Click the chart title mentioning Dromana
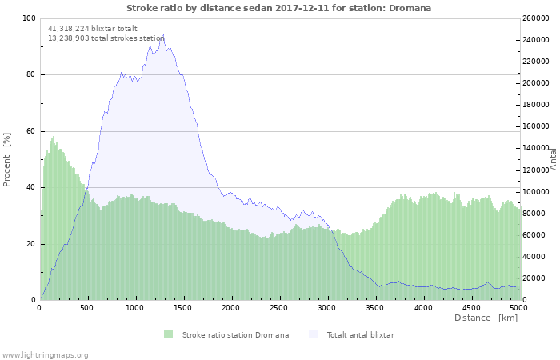tap(278, 8)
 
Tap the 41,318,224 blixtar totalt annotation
tap(93, 28)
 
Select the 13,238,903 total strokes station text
tap(106, 38)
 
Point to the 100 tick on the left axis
tap(30, 18)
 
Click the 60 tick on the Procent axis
tap(31, 131)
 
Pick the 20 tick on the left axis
tap(31, 244)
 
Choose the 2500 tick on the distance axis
tap(279, 307)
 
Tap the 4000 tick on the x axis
tap(422, 307)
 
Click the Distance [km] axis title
tap(486, 318)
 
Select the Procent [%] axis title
tap(8, 159)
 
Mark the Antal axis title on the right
tap(553, 158)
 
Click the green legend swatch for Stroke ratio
tap(168, 334)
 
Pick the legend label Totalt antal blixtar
tap(360, 334)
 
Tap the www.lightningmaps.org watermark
tap(45, 354)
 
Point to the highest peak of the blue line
tap(164, 35)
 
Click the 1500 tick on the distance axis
tap(183, 307)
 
